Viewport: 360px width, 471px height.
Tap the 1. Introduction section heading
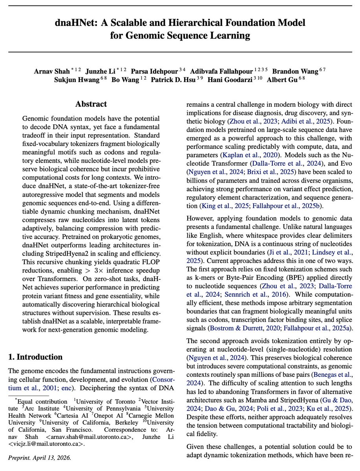coord(35,357)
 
